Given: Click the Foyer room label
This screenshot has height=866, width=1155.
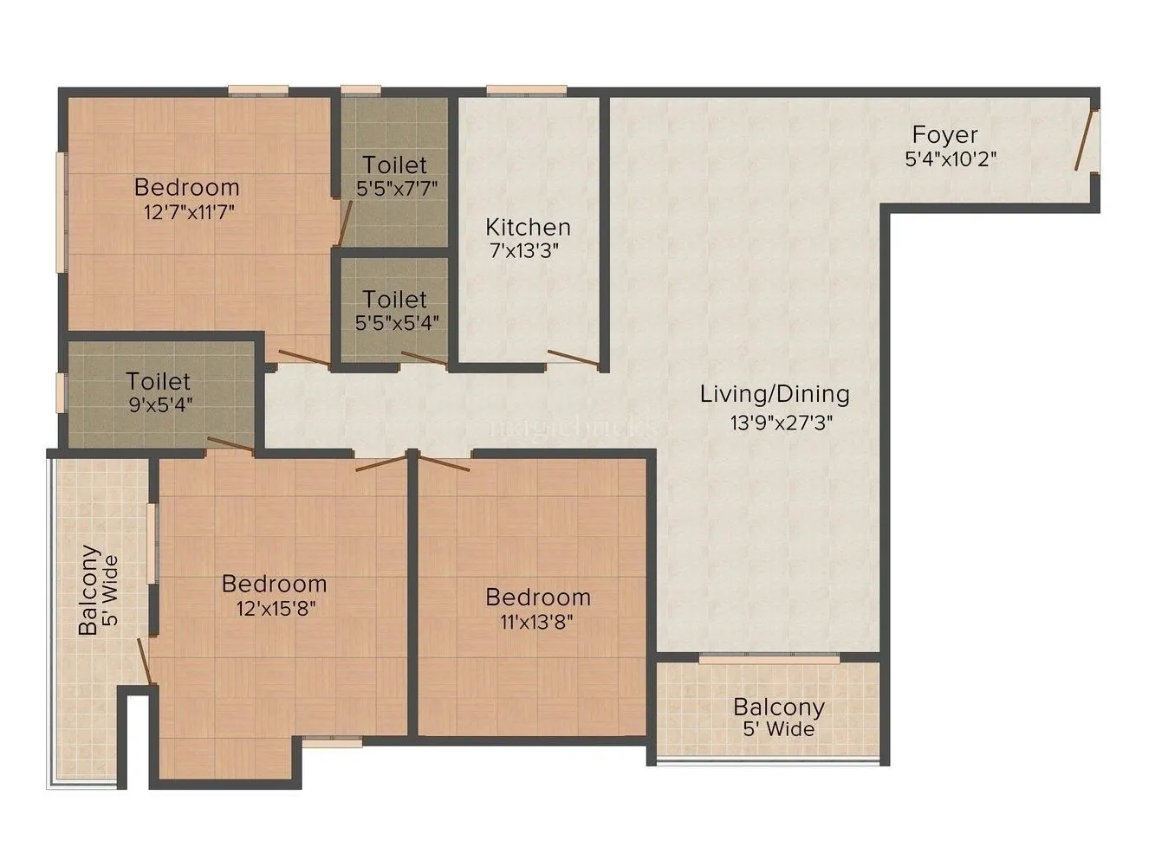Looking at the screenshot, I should [944, 135].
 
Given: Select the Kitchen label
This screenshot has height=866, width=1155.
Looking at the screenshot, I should [528, 227].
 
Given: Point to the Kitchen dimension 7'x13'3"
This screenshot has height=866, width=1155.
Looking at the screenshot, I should [528, 251].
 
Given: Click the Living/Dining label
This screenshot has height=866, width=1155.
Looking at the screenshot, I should [775, 394].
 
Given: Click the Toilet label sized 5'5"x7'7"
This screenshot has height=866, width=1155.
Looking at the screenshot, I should [394, 165].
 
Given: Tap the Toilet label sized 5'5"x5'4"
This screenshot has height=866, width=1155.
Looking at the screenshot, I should [394, 300].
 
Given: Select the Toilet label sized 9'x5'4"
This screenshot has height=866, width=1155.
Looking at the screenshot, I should [158, 381].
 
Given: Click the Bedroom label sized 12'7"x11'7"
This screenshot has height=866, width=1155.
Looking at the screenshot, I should [186, 187].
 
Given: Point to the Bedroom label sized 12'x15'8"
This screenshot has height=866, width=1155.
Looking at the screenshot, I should [274, 583].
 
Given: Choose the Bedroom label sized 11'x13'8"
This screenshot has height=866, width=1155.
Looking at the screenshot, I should [537, 598].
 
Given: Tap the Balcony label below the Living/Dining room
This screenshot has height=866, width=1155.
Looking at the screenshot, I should [778, 707].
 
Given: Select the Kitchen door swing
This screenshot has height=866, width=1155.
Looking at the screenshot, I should [573, 359].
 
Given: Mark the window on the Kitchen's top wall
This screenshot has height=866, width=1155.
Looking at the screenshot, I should [526, 90].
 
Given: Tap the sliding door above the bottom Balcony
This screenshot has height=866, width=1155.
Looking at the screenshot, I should [769, 660].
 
